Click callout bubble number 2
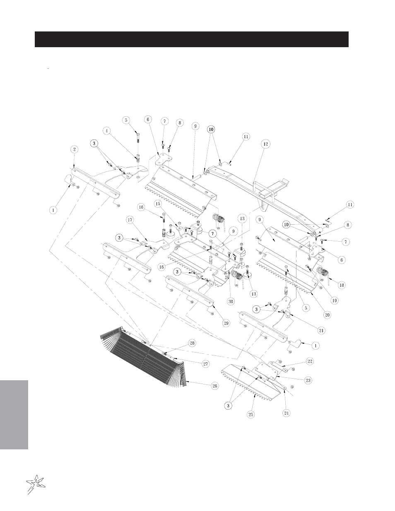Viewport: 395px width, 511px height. (74, 149)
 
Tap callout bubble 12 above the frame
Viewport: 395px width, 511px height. (265, 144)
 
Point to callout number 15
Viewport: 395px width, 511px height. (158, 204)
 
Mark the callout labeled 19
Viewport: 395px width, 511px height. (334, 300)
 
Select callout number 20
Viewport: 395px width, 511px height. (327, 315)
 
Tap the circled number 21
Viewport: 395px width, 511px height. (321, 331)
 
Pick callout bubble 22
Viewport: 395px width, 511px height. (310, 361)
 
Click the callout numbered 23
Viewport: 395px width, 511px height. (308, 380)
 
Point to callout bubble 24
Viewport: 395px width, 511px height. (286, 413)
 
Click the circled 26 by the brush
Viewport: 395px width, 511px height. (214, 386)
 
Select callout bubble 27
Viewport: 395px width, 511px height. (206, 364)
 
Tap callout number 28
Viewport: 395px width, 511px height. (192, 343)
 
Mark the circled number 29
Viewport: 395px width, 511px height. (226, 323)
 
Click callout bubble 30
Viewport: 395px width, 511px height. (231, 302)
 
